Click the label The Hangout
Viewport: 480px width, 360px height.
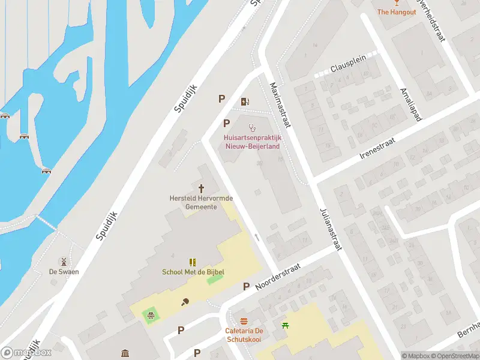point(396,12)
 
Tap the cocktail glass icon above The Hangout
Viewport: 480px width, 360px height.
point(396,3)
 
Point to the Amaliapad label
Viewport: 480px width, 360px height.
point(411,104)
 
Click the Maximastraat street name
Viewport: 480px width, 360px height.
point(280,106)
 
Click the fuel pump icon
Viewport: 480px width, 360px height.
point(244,101)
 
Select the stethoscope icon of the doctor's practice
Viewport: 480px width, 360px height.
point(252,127)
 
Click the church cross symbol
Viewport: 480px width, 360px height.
point(201,188)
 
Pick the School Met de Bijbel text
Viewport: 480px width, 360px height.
point(193,272)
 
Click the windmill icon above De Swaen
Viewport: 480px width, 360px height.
point(62,262)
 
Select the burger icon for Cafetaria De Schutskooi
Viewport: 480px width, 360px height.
point(244,321)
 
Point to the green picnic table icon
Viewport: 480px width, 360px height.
point(285,325)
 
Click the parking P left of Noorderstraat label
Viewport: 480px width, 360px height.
point(246,287)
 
